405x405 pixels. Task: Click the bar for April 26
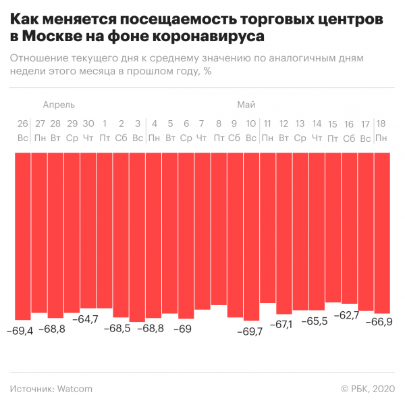(x=23, y=236)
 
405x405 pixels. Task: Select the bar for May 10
(x=251, y=236)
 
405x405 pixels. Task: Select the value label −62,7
(x=349, y=315)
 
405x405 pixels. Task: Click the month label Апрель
(x=59, y=105)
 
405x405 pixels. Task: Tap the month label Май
(x=246, y=105)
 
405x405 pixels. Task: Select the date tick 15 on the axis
(x=332, y=124)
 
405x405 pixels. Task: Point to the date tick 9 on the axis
(x=234, y=124)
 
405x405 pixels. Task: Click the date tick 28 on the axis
(x=55, y=124)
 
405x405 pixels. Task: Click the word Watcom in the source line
(x=74, y=389)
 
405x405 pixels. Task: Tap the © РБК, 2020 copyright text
(x=368, y=389)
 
